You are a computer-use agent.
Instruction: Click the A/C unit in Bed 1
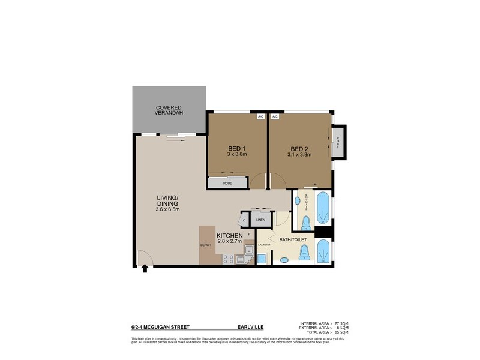pyautogui.click(x=261, y=116)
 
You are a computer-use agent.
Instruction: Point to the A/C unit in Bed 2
pyautogui.click(x=275, y=116)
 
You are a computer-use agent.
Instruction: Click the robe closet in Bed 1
pyautogui.click(x=227, y=182)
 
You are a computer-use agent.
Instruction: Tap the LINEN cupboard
pyautogui.click(x=260, y=220)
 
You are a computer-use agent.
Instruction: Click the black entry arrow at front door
pyautogui.click(x=144, y=269)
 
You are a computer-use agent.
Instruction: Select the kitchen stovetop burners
pyautogui.click(x=228, y=260)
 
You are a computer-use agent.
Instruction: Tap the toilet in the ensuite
pyautogui.click(x=306, y=224)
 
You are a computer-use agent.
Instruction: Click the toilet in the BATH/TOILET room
pyautogui.click(x=305, y=255)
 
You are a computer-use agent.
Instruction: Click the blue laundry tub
pyautogui.click(x=262, y=259)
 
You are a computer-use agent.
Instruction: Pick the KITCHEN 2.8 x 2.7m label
pyautogui.click(x=229, y=238)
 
